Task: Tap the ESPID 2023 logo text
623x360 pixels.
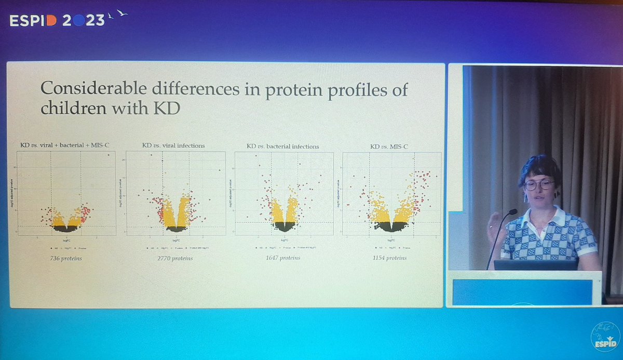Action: click(57, 20)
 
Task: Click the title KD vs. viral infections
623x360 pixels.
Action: click(173, 145)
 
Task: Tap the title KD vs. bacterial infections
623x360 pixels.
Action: click(283, 146)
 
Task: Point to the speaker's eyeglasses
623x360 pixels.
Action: click(539, 184)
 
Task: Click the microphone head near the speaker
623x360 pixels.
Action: click(512, 212)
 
